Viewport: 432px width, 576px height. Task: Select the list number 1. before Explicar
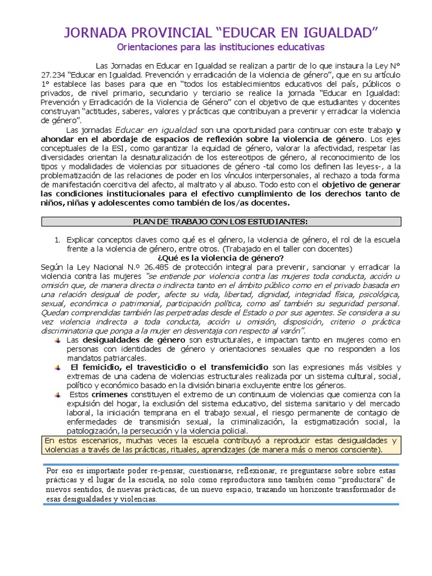click(57, 240)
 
